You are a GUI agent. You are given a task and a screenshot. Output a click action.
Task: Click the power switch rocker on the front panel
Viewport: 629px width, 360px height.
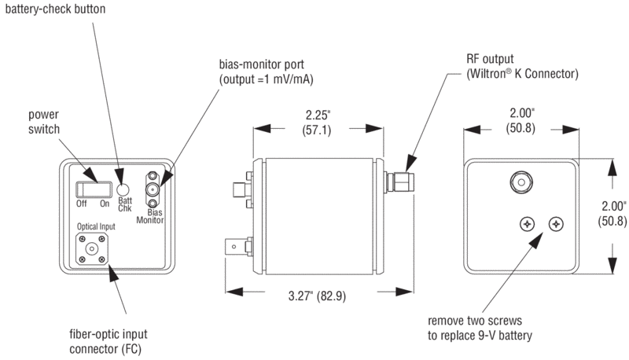[91, 189]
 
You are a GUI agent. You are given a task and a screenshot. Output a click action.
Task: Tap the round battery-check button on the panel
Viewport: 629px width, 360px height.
[122, 189]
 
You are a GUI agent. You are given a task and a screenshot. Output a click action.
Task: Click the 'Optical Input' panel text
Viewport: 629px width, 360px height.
[95, 227]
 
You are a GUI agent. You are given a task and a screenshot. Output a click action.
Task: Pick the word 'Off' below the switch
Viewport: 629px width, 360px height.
[81, 204]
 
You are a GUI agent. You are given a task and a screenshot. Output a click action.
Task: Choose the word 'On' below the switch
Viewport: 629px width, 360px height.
[105, 204]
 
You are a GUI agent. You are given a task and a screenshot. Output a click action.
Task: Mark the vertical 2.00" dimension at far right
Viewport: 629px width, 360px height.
[611, 213]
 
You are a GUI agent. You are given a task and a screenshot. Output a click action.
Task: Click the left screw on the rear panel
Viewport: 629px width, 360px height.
[526, 225]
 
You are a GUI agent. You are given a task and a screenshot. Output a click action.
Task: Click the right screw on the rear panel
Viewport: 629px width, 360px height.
[557, 225]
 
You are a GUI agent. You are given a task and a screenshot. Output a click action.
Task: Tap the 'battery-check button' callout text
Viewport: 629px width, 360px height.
[53, 10]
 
